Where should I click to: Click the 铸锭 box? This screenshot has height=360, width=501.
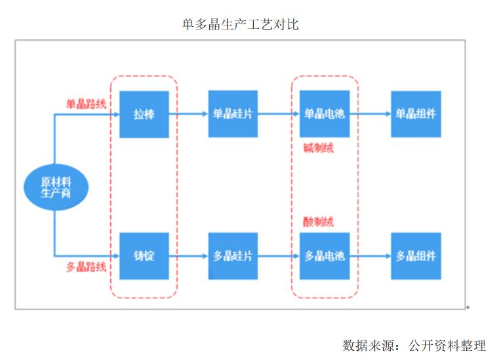[x=144, y=256]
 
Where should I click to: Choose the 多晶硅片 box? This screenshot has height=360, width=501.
[x=233, y=256]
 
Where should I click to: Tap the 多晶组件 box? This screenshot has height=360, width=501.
[x=416, y=256]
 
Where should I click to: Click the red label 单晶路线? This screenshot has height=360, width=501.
[x=85, y=104]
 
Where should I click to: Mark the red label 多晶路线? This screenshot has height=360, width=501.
[x=85, y=267]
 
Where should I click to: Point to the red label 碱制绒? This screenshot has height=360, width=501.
[x=318, y=148]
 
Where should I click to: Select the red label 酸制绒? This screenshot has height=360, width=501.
[x=318, y=222]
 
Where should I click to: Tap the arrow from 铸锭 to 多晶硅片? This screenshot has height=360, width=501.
[x=188, y=256]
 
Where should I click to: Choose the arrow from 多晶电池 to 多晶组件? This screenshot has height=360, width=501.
[x=370, y=256]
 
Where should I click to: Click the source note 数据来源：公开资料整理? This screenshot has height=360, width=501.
[x=414, y=345]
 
